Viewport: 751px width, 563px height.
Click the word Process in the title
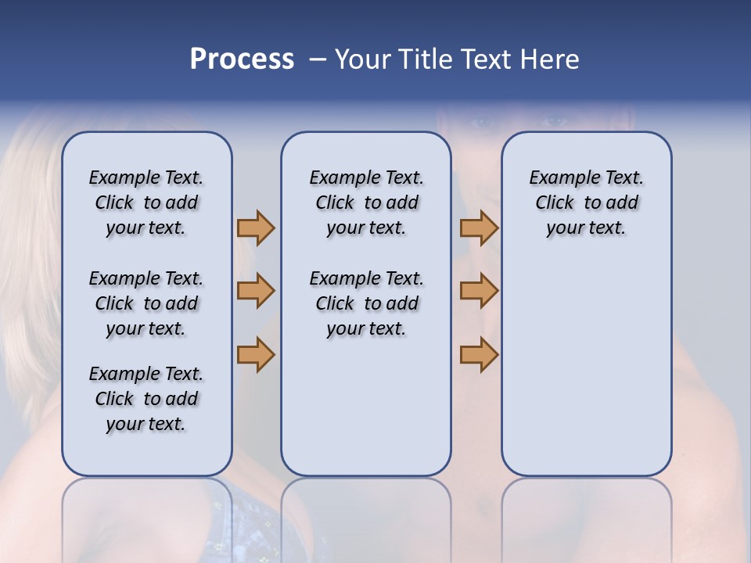click(242, 59)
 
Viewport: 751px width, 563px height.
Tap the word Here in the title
click(548, 59)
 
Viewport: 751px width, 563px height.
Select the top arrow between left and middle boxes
click(256, 228)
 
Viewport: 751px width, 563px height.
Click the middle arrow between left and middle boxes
click(256, 291)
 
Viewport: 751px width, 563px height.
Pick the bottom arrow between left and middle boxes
click(256, 354)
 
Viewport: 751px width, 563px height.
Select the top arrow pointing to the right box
click(479, 228)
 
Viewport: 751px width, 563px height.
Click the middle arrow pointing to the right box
click(479, 291)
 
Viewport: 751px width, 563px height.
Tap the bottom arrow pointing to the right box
click(479, 354)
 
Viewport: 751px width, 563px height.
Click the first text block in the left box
click(146, 203)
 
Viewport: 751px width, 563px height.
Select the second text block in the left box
click(146, 303)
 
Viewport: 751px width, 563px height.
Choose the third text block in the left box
click(146, 399)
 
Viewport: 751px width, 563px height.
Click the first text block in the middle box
click(366, 203)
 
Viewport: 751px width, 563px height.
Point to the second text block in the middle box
click(366, 303)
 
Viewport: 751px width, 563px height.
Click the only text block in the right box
click(586, 203)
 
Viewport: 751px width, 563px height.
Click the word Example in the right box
click(559, 178)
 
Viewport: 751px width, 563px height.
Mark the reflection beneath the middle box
click(366, 508)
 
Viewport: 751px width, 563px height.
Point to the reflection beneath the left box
click(146, 508)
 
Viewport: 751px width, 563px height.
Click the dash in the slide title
click(318, 60)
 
